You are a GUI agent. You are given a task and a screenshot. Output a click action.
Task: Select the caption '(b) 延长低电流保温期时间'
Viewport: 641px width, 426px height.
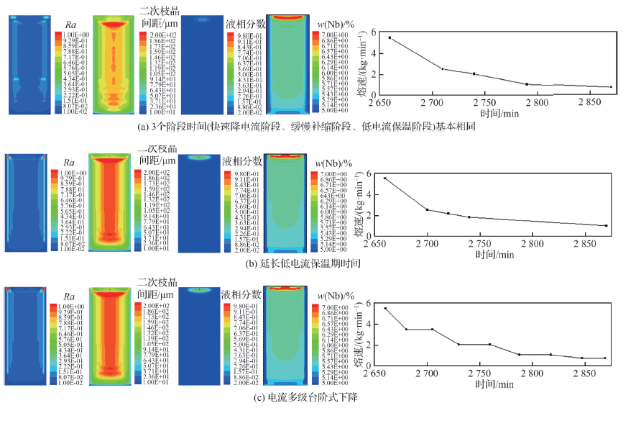[x=320, y=263]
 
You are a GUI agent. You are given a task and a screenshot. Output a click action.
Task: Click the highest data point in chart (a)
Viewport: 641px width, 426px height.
[x=389, y=37]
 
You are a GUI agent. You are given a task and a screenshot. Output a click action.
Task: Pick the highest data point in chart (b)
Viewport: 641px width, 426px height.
[x=384, y=178]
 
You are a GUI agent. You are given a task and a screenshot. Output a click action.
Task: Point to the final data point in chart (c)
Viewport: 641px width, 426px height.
[x=625, y=358]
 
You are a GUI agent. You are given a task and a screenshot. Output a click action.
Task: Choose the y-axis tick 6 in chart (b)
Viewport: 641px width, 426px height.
[x=369, y=173]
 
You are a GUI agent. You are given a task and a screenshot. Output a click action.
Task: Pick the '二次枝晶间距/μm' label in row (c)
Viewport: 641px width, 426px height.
[x=156, y=288]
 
